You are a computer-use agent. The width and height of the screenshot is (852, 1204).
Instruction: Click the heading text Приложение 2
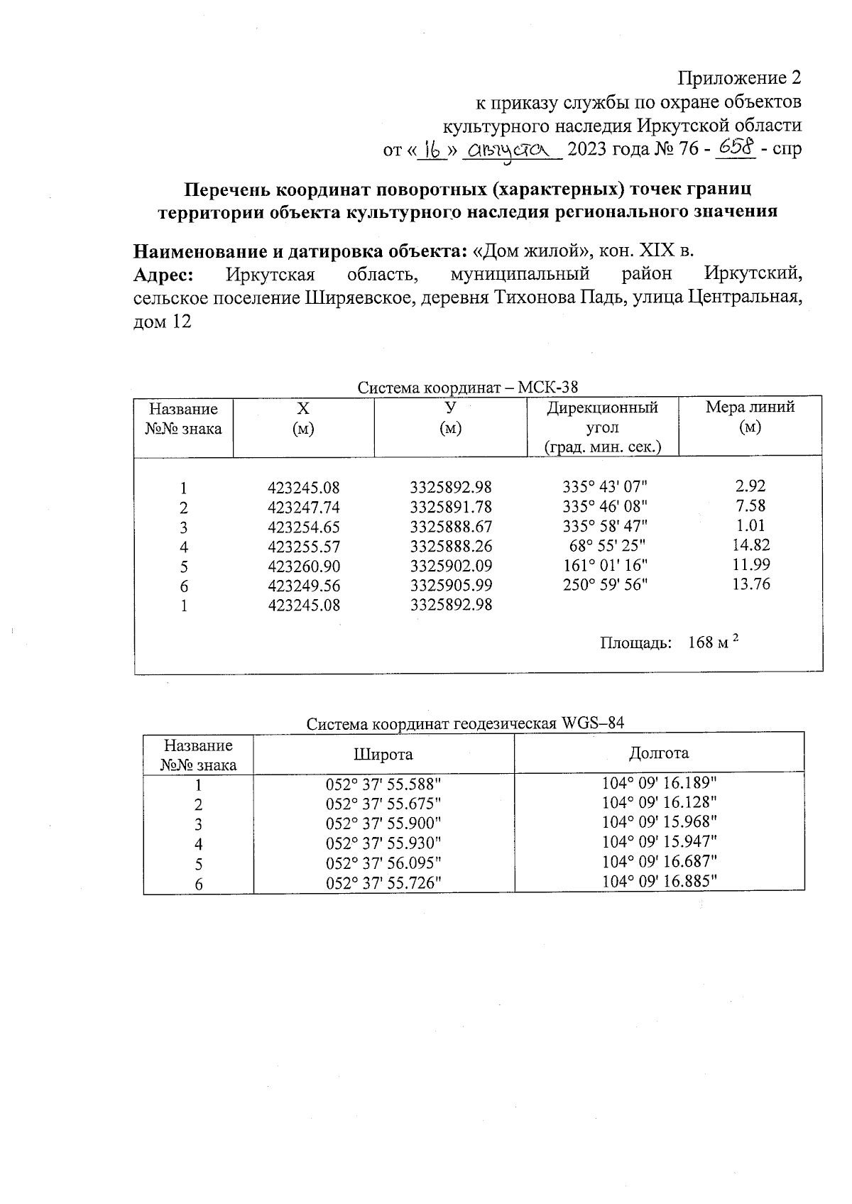tap(741, 77)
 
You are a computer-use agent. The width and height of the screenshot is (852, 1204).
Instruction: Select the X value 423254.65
tap(304, 527)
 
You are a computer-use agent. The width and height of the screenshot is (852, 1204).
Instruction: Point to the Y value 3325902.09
tap(451, 567)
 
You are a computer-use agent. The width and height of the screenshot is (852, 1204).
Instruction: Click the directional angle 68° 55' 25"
tap(605, 546)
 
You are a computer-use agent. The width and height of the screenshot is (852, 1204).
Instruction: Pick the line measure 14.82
tap(750, 545)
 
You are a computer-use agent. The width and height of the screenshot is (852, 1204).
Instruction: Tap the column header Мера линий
tap(750, 417)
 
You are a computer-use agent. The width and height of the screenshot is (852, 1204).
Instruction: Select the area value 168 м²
tap(714, 642)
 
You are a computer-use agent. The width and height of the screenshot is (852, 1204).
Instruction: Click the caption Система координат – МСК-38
tap(468, 388)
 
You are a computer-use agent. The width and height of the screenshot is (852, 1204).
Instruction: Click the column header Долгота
tap(659, 753)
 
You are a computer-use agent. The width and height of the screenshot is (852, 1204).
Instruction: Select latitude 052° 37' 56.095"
tap(383, 864)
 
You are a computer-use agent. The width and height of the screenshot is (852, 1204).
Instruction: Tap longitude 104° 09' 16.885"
tap(659, 881)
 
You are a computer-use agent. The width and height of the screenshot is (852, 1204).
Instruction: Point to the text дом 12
tap(163, 322)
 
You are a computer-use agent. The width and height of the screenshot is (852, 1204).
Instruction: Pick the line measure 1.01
tap(750, 526)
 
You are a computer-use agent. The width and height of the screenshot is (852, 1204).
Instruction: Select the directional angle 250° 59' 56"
tap(605, 585)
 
